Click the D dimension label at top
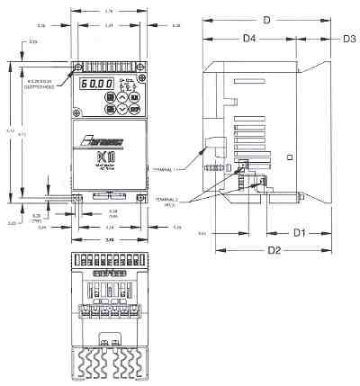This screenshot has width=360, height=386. coord(266,19)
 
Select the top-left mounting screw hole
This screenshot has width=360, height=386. coord(79,67)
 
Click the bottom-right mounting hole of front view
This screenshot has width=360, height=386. coord(139,197)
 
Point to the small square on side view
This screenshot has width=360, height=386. coord(289,157)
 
